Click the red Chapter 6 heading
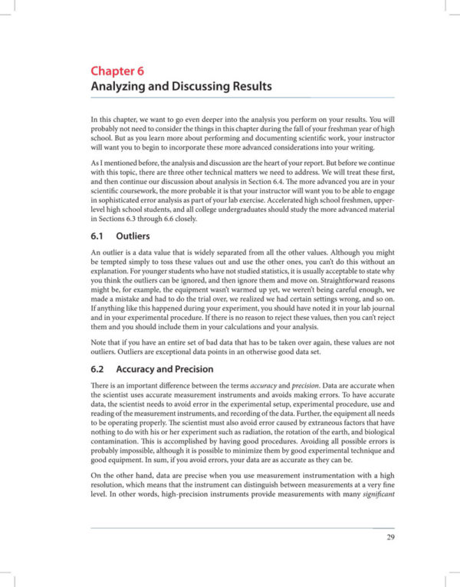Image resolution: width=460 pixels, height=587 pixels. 117,72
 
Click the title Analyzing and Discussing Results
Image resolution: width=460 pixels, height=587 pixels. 181,87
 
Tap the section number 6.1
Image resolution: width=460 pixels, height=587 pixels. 99,237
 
